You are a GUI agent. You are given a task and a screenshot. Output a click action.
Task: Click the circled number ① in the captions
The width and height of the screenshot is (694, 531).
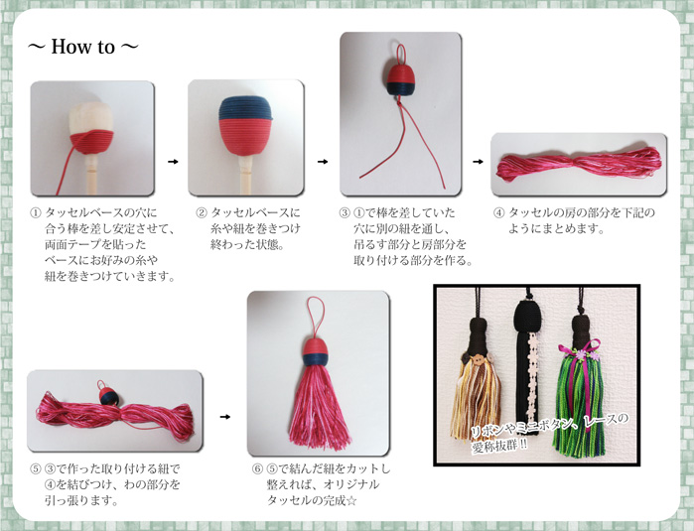point(37,213)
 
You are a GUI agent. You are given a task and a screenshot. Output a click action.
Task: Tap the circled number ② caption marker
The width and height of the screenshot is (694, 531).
point(202,213)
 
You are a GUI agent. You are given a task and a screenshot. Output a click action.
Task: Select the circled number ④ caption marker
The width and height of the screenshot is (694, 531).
point(499,213)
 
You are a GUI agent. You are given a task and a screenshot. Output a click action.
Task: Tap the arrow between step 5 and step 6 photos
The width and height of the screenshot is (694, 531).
point(225,416)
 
